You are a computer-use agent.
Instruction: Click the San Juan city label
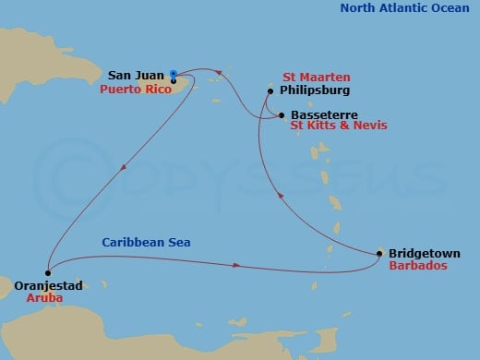pos(137,75)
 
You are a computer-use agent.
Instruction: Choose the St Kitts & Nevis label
pos(338,126)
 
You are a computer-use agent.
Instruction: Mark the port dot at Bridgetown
pos(380,252)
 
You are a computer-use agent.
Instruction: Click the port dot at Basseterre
pos(281,114)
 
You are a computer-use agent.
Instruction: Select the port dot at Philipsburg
pos(270,90)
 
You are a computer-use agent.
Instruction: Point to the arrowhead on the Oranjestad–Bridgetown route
pos(238,267)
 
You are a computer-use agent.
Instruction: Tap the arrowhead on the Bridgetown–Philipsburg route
pos(280,192)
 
